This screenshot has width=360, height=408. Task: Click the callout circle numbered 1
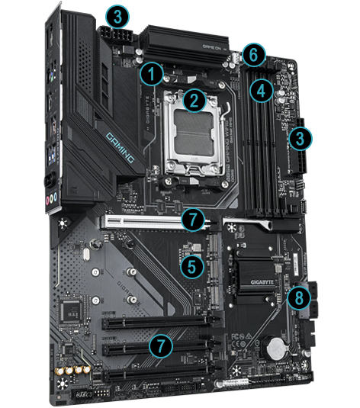pyautogui.click(x=153, y=74)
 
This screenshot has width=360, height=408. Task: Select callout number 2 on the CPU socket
pyautogui.click(x=194, y=98)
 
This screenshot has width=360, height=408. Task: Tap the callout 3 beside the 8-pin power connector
pyautogui.click(x=118, y=14)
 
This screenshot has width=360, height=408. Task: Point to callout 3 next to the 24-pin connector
pyautogui.click(x=302, y=139)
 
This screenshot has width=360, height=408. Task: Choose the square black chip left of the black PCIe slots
pyautogui.click(x=73, y=308)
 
